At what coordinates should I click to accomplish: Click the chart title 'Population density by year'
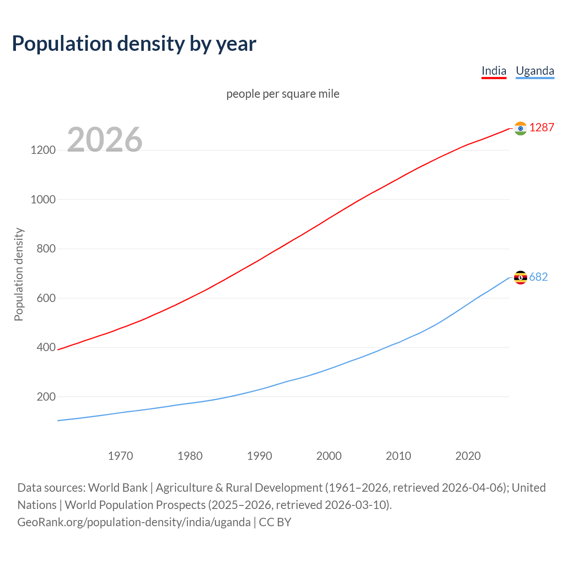tap(134, 43)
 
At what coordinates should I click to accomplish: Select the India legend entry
tap(493, 71)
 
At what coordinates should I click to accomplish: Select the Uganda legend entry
tap(535, 71)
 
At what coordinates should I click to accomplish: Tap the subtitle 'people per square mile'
tap(283, 94)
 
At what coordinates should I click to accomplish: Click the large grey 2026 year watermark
tap(105, 140)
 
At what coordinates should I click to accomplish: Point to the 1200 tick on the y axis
tap(43, 150)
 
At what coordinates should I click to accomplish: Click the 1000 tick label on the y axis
tap(43, 199)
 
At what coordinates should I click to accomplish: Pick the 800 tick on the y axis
tap(46, 249)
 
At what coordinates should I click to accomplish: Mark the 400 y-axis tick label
tap(46, 348)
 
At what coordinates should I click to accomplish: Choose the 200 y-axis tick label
tap(46, 397)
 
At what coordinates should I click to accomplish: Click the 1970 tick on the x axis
tap(120, 456)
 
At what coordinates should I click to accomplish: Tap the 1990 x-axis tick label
tap(260, 456)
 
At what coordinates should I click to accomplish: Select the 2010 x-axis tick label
tap(398, 456)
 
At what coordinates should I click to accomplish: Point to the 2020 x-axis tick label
tap(468, 456)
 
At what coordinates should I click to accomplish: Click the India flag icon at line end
tap(520, 128)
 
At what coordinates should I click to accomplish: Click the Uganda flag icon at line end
tap(520, 277)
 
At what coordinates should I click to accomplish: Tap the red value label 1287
tap(542, 128)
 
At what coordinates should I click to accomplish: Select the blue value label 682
tap(538, 277)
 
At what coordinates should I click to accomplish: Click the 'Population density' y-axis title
tap(19, 274)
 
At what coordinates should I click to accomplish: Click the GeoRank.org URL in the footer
tap(134, 522)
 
